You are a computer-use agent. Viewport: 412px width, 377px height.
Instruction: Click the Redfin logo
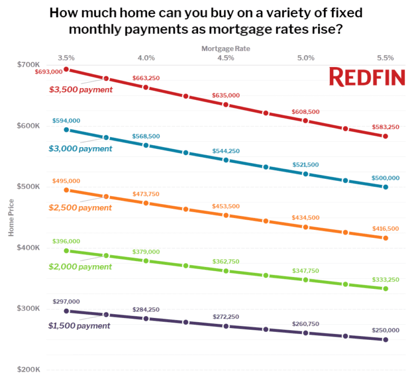367,77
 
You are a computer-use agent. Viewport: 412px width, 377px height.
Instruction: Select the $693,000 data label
48,71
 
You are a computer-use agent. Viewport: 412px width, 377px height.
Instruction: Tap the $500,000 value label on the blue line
385,178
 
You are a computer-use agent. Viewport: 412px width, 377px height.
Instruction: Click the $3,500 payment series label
80,90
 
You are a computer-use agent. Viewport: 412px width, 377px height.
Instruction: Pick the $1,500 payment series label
79,325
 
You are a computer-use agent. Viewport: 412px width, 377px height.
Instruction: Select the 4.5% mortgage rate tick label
226,57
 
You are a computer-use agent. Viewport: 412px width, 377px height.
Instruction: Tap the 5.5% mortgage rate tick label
385,57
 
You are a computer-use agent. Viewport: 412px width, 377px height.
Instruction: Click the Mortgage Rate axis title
225,48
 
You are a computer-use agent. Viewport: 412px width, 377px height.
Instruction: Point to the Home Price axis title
11,217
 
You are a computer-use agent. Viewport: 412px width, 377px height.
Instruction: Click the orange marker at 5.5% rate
385,237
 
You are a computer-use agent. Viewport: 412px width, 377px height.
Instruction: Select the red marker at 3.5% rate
67,69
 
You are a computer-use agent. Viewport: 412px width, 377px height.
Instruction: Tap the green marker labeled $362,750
226,271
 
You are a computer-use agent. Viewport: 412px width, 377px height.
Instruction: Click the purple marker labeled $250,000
385,339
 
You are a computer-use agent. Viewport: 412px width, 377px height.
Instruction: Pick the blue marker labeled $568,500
146,145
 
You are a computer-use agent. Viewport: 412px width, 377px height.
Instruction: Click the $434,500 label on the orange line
306,218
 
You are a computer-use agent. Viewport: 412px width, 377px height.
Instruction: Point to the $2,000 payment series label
80,266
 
